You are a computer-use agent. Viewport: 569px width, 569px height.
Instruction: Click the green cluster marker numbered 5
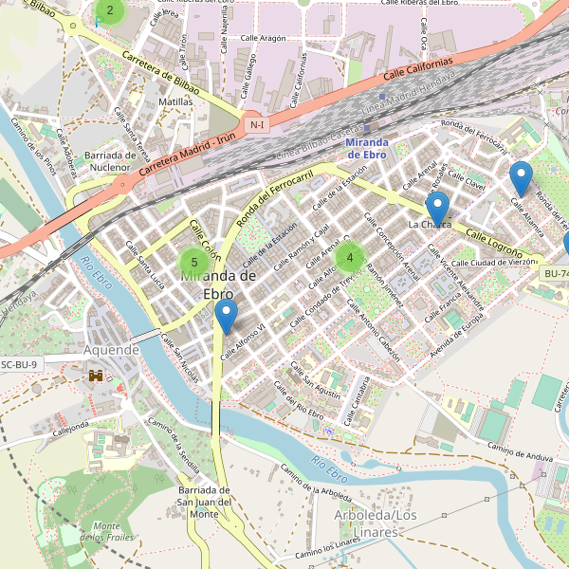coord(194,262)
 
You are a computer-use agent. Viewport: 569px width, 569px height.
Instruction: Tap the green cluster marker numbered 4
coord(350,256)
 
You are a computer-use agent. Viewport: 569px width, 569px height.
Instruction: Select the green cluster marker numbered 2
coord(110,11)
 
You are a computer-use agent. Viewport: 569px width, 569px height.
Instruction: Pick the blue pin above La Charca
coord(436,208)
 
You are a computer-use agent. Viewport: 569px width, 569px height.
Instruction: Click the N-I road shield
coord(255,125)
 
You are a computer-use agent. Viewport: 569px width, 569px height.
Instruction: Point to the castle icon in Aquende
coord(96,376)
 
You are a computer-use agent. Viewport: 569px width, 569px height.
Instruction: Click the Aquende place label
coord(112,350)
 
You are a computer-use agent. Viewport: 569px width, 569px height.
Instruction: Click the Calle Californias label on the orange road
coord(418,69)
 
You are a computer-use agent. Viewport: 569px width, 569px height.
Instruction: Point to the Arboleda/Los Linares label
coord(376,523)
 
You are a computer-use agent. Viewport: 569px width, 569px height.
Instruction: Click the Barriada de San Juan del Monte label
coord(205,502)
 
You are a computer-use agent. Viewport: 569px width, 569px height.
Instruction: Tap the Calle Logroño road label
coord(494,243)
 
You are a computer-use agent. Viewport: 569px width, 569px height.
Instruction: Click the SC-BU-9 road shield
coord(19,364)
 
